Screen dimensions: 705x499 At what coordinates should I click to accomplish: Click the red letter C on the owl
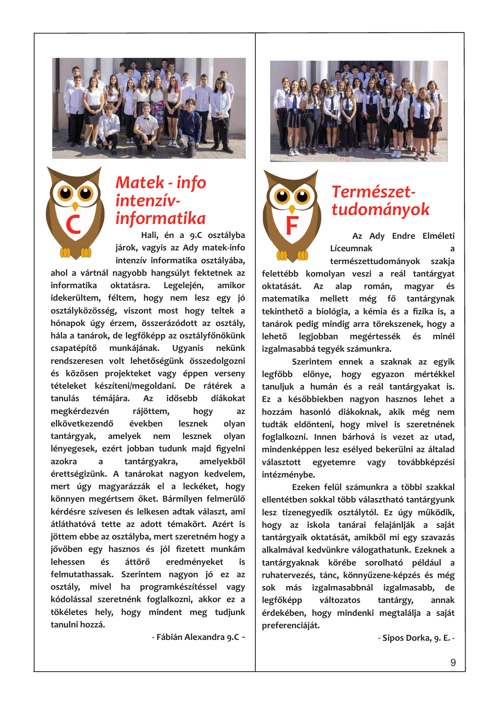73,225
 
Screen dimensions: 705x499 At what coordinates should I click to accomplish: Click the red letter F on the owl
292,225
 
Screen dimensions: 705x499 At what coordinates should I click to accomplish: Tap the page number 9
453,663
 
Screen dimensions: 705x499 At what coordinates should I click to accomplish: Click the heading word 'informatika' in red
160,218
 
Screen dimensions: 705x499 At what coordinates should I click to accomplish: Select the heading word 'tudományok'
380,209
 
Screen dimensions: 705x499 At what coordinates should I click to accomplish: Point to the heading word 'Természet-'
373,192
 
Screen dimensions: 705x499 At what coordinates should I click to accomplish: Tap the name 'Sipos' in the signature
393,638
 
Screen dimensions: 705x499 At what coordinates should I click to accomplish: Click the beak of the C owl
75,206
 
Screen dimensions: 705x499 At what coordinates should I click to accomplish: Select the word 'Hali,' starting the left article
150,235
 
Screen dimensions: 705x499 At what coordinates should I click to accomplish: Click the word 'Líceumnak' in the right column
351,248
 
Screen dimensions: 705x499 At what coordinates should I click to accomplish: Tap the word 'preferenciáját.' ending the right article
291,625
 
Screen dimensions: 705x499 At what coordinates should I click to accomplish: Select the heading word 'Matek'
140,182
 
